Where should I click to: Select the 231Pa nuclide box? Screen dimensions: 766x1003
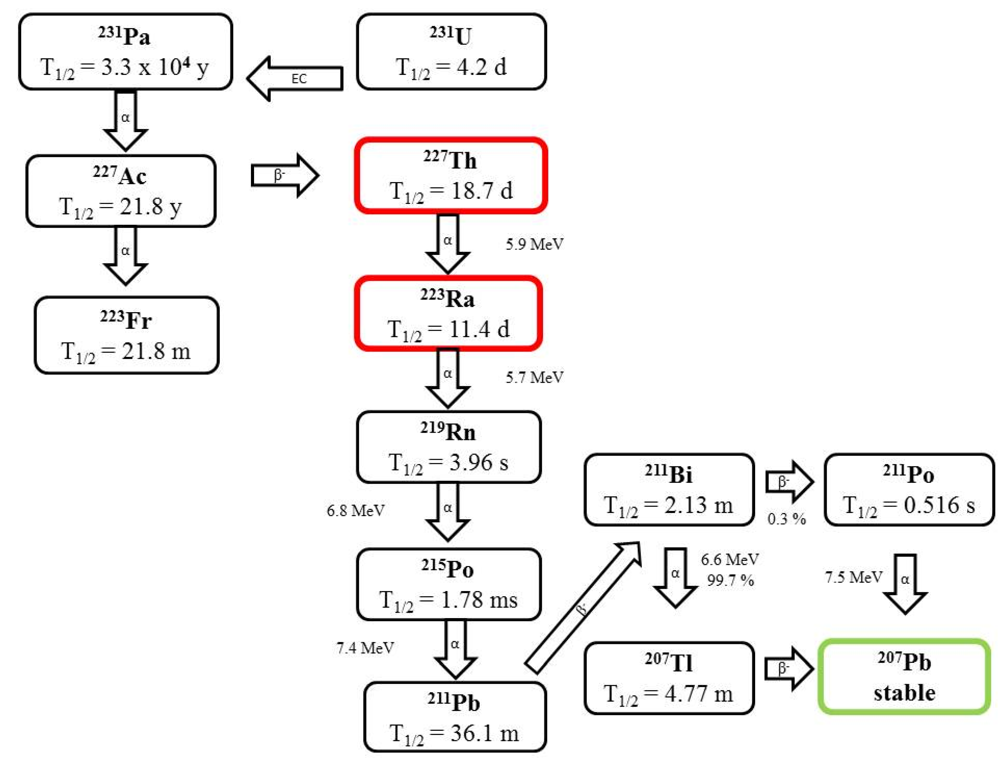[x=125, y=52]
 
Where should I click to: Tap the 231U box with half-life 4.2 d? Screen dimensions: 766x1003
[x=451, y=52]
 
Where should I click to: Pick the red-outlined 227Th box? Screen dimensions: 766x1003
[x=450, y=176]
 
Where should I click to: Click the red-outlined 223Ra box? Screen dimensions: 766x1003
[x=448, y=314]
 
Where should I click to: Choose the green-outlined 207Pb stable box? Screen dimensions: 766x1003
[x=904, y=677]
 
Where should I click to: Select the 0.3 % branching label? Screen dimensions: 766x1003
[x=786, y=518]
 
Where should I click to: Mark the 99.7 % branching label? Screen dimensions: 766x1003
[x=730, y=580]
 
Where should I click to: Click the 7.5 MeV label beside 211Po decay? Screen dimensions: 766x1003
[x=853, y=577]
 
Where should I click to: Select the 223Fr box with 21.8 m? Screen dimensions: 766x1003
[x=126, y=336]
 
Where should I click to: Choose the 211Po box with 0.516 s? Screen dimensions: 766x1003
[x=909, y=490]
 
